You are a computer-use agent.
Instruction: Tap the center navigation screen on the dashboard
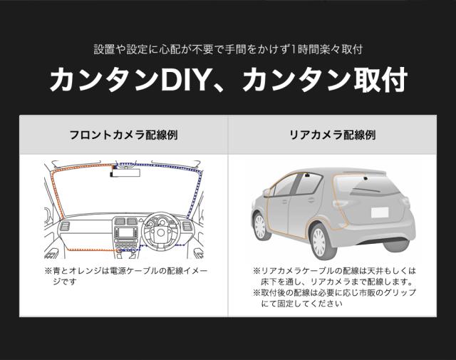(127, 233)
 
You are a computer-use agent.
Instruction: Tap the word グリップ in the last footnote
(402, 292)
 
